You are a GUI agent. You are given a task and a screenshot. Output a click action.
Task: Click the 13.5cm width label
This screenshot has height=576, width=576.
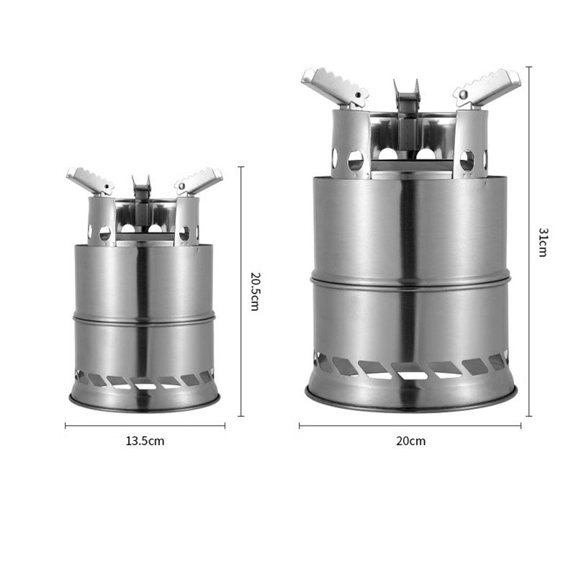click(145, 441)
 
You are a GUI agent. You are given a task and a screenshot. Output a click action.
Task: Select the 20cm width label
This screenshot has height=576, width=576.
click(410, 441)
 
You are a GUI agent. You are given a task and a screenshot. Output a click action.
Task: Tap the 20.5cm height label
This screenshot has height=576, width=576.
click(256, 292)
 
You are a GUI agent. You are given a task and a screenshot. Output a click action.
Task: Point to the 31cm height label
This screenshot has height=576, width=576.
click(544, 242)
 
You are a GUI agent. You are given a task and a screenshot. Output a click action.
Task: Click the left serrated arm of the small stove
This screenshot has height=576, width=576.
click(89, 180)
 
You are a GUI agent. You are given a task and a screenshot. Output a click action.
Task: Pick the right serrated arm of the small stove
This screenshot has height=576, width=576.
click(199, 181)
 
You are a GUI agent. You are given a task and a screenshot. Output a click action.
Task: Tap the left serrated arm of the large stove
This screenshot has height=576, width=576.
click(334, 86)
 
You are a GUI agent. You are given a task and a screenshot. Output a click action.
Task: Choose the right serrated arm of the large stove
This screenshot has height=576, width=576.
click(487, 87)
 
